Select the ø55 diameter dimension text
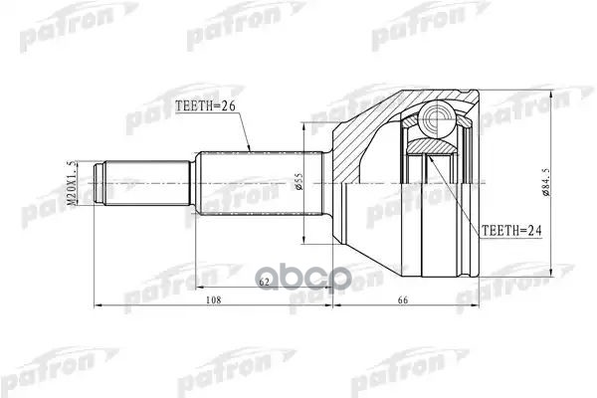(299, 184)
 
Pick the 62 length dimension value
(264, 284)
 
